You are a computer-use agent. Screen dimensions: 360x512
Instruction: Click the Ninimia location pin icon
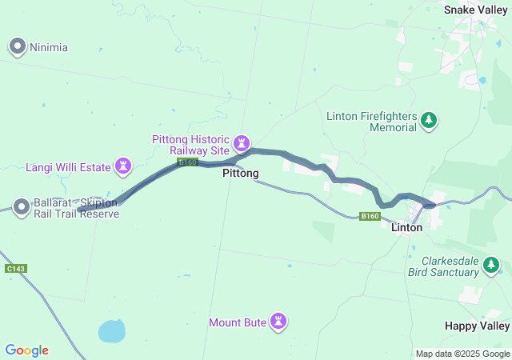[18, 47]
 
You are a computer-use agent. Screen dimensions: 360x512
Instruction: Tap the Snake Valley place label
[476, 10]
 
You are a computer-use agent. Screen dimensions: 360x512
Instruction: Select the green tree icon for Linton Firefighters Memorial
[430, 121]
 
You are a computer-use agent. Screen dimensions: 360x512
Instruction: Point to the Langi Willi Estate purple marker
[123, 166]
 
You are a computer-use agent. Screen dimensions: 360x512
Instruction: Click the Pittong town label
[240, 173]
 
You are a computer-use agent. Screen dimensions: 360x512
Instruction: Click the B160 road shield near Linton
[369, 216]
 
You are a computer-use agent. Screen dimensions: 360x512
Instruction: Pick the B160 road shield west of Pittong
[187, 162]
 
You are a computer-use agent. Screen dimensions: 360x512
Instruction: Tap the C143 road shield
[15, 268]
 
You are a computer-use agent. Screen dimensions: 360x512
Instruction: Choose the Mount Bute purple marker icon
[278, 322]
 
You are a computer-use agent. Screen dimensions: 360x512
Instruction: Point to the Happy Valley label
[477, 326]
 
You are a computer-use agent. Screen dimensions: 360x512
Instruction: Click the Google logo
[26, 350]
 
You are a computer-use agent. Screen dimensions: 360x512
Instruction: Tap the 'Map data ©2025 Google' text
[462, 354]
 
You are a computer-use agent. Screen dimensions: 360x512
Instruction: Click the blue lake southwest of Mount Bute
[111, 330]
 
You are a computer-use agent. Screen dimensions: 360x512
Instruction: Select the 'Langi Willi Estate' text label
[67, 167]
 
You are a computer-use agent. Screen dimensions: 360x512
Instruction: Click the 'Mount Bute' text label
[238, 322]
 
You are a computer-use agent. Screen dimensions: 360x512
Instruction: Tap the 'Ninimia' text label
[49, 47]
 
